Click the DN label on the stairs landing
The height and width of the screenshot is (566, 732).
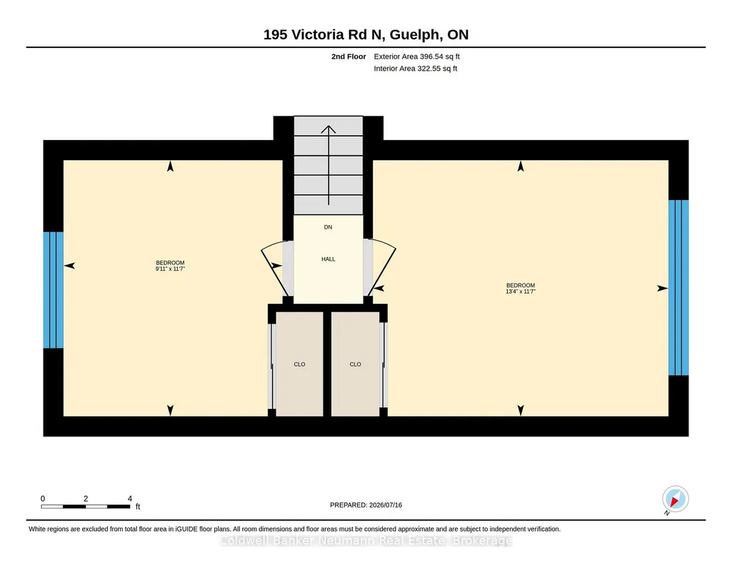[x=329, y=227]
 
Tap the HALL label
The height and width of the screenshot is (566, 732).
[x=329, y=259]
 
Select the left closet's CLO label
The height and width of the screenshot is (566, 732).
[x=299, y=364]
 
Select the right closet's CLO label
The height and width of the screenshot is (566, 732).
[x=355, y=364]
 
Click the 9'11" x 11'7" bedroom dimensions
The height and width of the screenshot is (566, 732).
[x=171, y=269]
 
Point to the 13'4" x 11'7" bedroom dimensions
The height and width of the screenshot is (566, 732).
[x=521, y=292]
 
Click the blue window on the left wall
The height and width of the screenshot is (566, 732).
[x=54, y=290]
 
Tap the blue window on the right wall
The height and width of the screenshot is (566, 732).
[x=678, y=288]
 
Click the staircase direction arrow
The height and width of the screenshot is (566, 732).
[x=329, y=165]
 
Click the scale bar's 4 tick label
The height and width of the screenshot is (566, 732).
[x=130, y=498]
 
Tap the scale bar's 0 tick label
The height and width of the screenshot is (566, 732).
[x=42, y=498]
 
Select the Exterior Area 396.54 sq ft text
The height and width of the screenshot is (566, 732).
[x=417, y=56]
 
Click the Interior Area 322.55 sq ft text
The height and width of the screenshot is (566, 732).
[x=416, y=69]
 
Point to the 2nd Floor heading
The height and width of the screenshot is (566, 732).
[x=349, y=56]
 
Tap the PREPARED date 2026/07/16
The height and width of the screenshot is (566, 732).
[x=386, y=505]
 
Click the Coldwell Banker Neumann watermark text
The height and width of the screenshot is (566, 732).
[x=366, y=541]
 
